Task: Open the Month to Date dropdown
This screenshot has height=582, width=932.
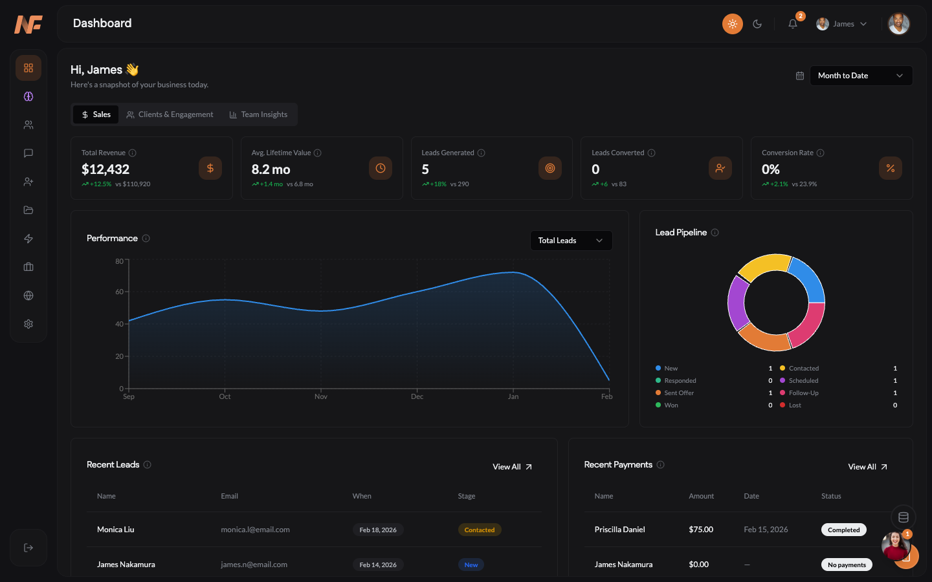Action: point(860,76)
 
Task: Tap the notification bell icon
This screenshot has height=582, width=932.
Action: point(792,24)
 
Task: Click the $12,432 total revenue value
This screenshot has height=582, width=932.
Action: point(105,169)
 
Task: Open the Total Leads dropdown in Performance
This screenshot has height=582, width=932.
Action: point(570,241)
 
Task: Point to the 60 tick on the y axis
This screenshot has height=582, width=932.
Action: point(120,292)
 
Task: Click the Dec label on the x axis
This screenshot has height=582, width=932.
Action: point(417,396)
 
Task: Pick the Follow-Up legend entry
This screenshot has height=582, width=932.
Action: point(803,393)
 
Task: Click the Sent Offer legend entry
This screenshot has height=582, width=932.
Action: point(678,393)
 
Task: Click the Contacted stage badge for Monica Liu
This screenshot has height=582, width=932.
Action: point(479,530)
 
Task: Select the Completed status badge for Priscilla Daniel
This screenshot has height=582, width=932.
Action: point(843,530)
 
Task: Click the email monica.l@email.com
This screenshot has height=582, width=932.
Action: point(255,530)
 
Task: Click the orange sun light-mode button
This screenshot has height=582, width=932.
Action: point(732,24)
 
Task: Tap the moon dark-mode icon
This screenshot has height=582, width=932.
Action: point(757,24)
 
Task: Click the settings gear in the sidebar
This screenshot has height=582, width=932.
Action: point(28,324)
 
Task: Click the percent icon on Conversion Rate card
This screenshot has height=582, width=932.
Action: point(890,168)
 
